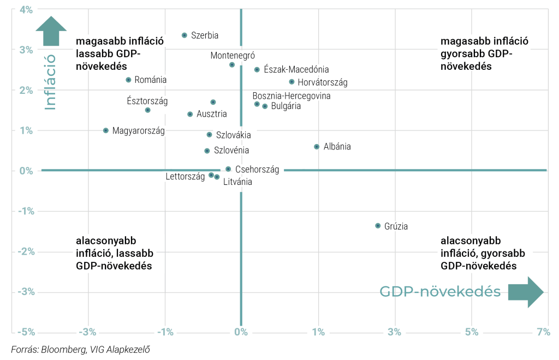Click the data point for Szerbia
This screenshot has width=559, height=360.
click(185, 35)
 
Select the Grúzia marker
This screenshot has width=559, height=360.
click(378, 226)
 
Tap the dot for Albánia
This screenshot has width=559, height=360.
click(317, 147)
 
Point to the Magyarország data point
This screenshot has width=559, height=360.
click(106, 130)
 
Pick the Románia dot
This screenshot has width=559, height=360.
click(128, 80)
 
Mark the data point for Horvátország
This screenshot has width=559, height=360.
click(292, 82)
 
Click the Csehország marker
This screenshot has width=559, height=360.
click(228, 169)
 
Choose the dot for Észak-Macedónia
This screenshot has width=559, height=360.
click(257, 70)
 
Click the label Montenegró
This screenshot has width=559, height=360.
click(233, 55)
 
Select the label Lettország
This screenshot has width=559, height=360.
click(185, 176)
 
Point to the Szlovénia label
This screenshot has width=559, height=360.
click(231, 150)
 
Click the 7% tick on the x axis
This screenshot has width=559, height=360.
click(543, 332)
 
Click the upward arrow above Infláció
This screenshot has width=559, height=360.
click(51, 31)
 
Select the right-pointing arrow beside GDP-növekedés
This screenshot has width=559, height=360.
click(526, 292)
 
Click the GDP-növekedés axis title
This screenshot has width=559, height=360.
click(440, 292)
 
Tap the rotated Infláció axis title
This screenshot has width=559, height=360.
click(51, 81)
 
